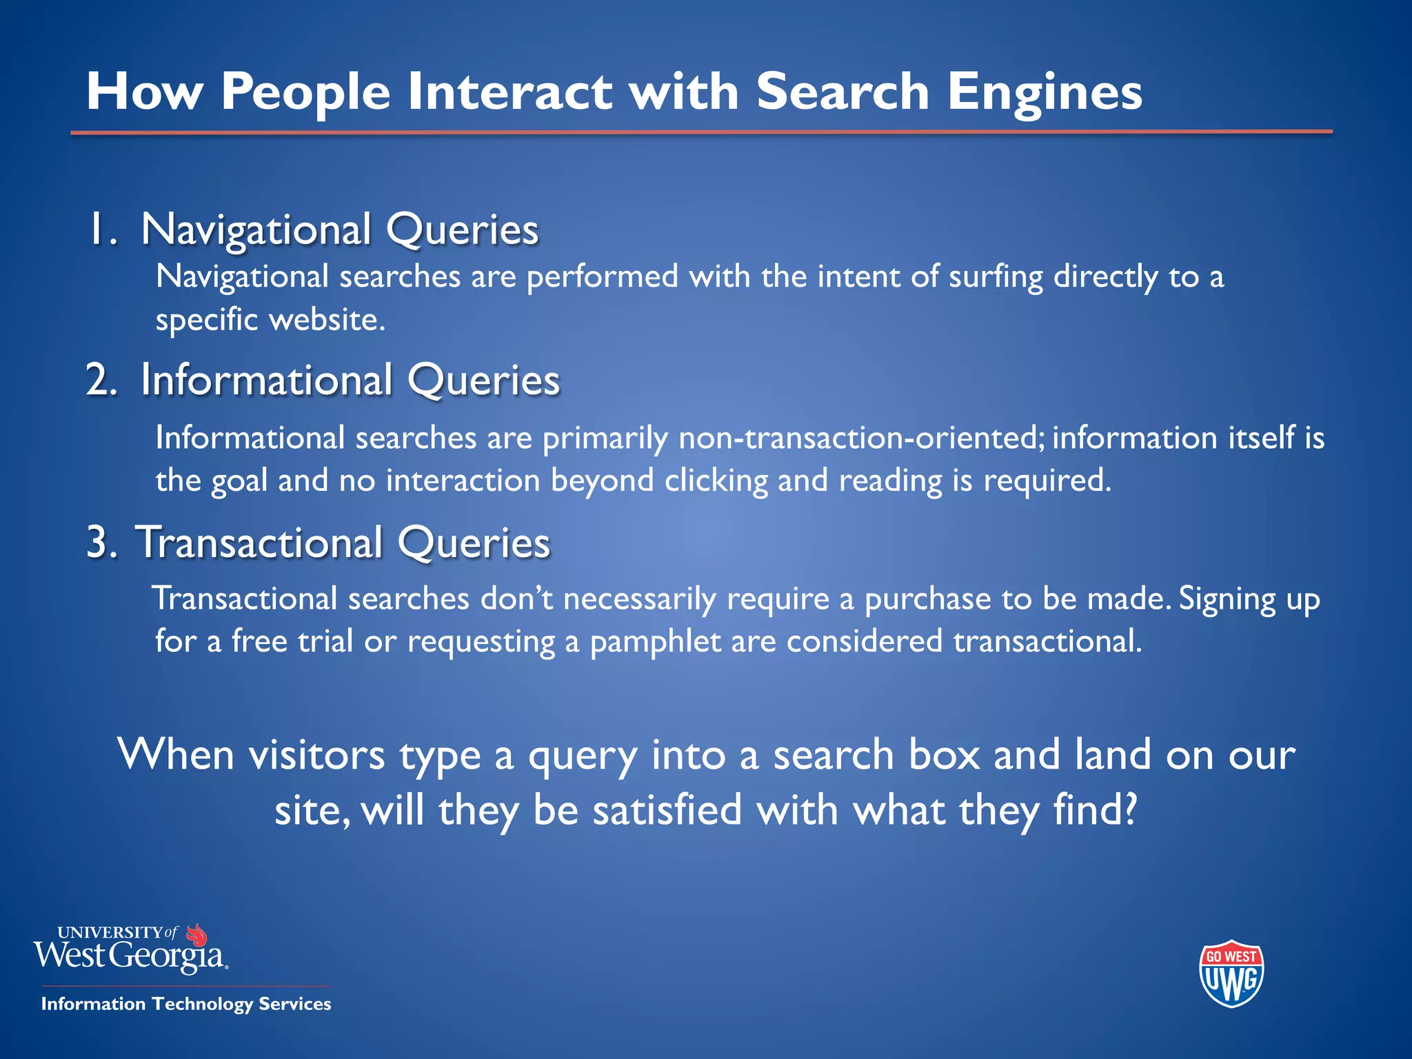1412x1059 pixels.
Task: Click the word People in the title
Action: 306,92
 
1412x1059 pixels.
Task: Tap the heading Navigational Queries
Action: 339,229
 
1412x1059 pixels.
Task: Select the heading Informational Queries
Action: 350,380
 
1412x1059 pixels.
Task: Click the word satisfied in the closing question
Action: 667,810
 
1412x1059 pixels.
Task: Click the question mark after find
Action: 1130,810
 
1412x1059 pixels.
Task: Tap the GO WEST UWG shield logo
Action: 1231,974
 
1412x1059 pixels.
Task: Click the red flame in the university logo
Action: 197,935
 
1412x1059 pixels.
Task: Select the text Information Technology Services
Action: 186,1004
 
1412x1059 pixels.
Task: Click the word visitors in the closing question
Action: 316,755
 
